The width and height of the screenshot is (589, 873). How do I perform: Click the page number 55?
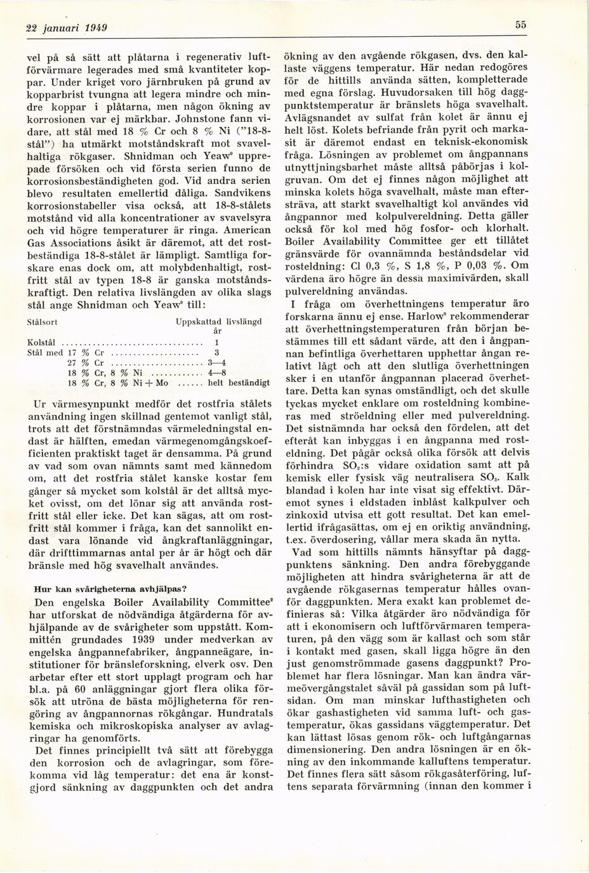point(520,25)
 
